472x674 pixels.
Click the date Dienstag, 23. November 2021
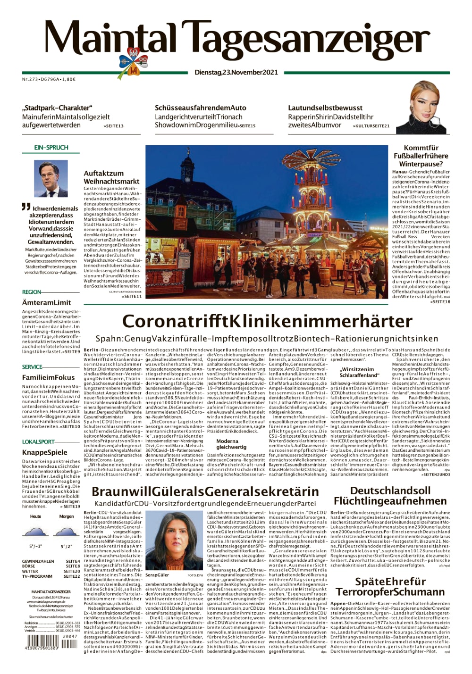(236, 73)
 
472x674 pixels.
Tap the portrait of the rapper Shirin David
(423, 108)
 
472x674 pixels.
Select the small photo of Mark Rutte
(51, 178)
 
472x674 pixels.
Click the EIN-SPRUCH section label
(51, 148)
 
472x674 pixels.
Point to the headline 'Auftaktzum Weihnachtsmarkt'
(111, 177)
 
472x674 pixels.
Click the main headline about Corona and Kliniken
(267, 322)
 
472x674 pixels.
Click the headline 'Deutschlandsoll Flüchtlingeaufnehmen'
(390, 495)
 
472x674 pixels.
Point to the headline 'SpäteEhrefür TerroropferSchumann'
(390, 587)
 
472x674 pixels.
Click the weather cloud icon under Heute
(35, 533)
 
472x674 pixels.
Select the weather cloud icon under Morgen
(66, 533)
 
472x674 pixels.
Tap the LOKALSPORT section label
(38, 442)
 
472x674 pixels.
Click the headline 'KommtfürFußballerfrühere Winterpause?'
(421, 156)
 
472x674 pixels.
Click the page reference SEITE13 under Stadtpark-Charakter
(113, 126)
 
